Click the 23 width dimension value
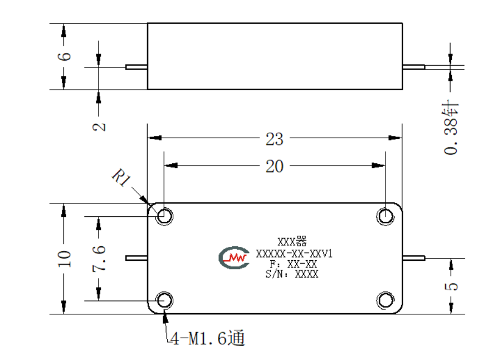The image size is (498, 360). click(x=275, y=139)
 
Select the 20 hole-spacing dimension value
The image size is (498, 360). click(x=275, y=167)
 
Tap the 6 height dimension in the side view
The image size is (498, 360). click(x=64, y=56)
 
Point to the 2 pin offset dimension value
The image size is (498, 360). click(x=99, y=127)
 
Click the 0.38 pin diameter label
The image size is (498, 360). click(x=451, y=128)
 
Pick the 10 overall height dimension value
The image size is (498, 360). click(x=64, y=259)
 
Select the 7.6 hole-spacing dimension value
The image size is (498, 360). click(x=99, y=259)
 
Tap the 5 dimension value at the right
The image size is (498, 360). click(x=451, y=286)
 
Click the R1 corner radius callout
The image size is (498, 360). click(x=121, y=177)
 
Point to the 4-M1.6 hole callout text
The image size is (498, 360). click(x=207, y=338)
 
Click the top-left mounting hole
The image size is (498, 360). click(x=164, y=216)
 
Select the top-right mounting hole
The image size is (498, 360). click(x=385, y=216)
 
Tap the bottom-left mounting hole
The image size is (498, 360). click(x=164, y=300)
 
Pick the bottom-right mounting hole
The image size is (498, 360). click(x=385, y=300)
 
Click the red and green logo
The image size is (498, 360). click(x=234, y=257)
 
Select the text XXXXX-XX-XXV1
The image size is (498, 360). click(x=294, y=254)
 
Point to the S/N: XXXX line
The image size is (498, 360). click(x=292, y=274)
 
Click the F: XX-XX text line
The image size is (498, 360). click(x=293, y=264)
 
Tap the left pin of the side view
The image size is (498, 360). click(x=136, y=67)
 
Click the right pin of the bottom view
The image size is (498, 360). click(x=414, y=258)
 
